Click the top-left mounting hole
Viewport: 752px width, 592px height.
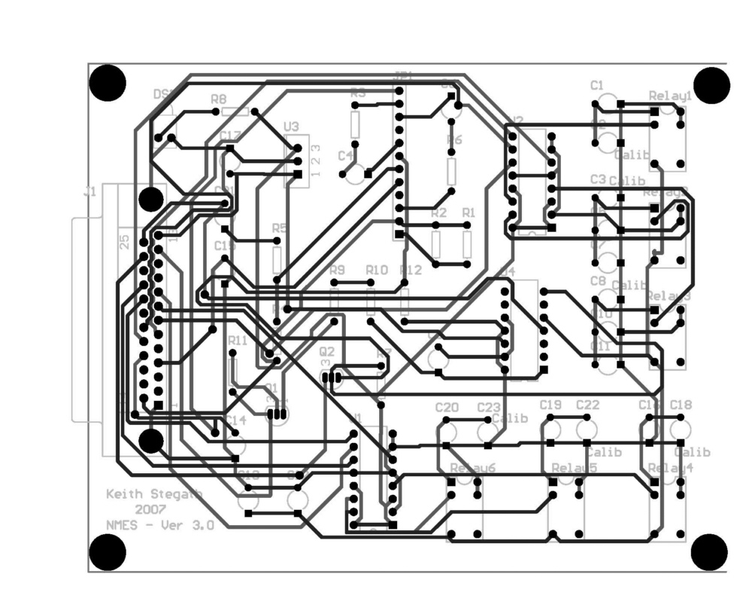click(108, 83)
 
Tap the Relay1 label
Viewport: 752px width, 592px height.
click(669, 96)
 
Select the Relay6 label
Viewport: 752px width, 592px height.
click(472, 469)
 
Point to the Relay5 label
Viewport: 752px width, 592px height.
click(574, 469)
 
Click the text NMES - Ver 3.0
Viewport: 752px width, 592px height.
click(159, 525)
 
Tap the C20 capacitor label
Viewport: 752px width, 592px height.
click(447, 408)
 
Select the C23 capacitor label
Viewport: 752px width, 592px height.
click(489, 408)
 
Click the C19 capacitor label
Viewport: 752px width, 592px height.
click(551, 405)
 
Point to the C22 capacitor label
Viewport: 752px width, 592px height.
click(587, 405)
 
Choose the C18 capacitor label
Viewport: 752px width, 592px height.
click(680, 405)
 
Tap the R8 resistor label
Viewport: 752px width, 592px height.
click(219, 99)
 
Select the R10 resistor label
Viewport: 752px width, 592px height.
click(376, 270)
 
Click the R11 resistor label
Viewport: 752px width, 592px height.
click(237, 340)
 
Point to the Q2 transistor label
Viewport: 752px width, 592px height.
click(326, 351)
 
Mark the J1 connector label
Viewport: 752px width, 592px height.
click(89, 193)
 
